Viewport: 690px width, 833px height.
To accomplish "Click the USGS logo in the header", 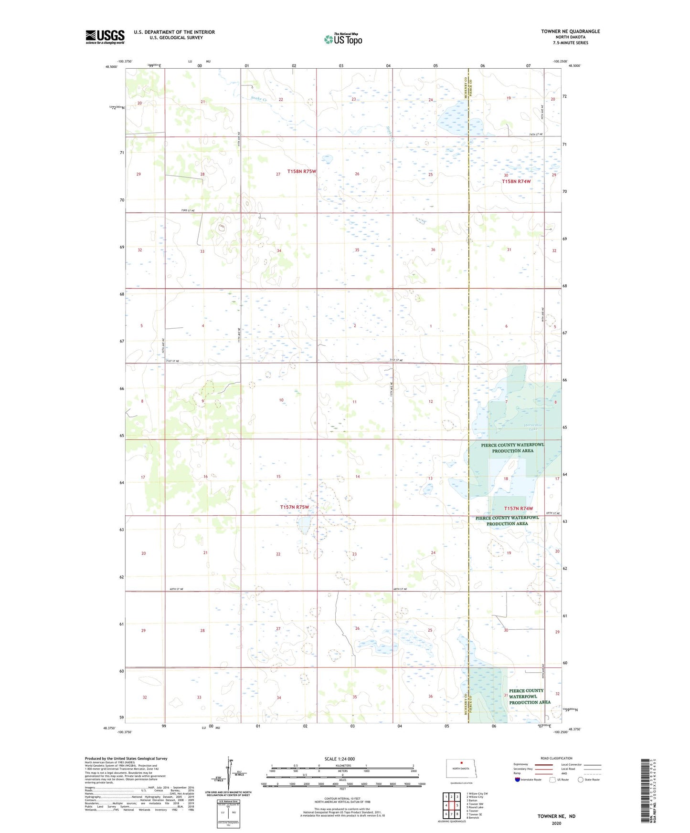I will coord(105,37).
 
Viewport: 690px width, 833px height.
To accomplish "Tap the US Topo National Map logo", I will coord(343,39).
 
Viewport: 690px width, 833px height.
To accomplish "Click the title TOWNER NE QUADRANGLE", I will coord(570,31).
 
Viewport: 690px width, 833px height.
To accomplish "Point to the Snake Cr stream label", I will coord(258,99).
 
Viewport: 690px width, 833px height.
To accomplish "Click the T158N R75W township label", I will coord(301,171).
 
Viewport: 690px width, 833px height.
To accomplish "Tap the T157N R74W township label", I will coord(518,509).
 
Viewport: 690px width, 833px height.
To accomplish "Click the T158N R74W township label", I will coord(516,181).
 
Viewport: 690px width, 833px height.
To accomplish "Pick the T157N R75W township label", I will coord(294,507).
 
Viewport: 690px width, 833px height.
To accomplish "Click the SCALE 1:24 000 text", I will coord(340,759).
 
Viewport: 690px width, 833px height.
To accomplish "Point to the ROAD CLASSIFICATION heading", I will coord(556,758).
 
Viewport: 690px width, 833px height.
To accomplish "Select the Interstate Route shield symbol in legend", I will coord(518,780).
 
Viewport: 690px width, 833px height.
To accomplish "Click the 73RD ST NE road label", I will coord(188,210).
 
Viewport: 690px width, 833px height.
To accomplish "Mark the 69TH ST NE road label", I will coord(552,513).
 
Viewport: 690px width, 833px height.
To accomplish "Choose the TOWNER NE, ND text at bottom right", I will coord(556,816).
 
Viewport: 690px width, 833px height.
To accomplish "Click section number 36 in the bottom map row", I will coord(430,697).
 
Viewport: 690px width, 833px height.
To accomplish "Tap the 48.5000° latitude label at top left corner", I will coord(111,67).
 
